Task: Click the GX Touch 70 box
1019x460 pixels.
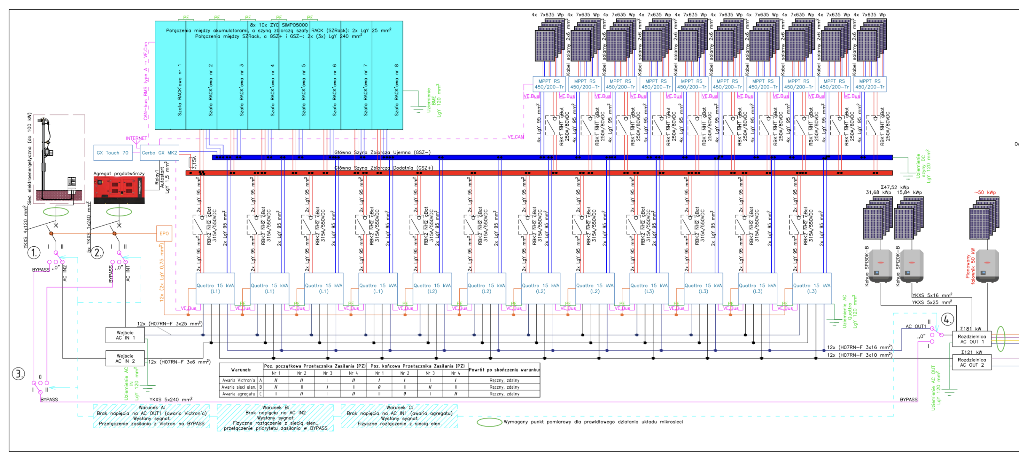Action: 112,153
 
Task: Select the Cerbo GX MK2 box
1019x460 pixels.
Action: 159,153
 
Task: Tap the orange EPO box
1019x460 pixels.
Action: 164,234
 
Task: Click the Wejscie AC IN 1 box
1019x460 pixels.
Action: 125,335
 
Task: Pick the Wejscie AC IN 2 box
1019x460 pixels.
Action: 125,358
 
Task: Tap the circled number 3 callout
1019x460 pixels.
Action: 19,373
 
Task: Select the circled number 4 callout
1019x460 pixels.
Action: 947,319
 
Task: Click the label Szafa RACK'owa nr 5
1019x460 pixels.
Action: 303,90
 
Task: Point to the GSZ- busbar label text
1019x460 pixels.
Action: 382,152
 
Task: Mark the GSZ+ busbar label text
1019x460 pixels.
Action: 384,168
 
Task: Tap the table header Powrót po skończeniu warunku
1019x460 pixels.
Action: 504,370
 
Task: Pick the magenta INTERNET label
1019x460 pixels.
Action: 136,139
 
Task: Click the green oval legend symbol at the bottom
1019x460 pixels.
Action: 489,422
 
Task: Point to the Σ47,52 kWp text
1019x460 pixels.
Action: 895,187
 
